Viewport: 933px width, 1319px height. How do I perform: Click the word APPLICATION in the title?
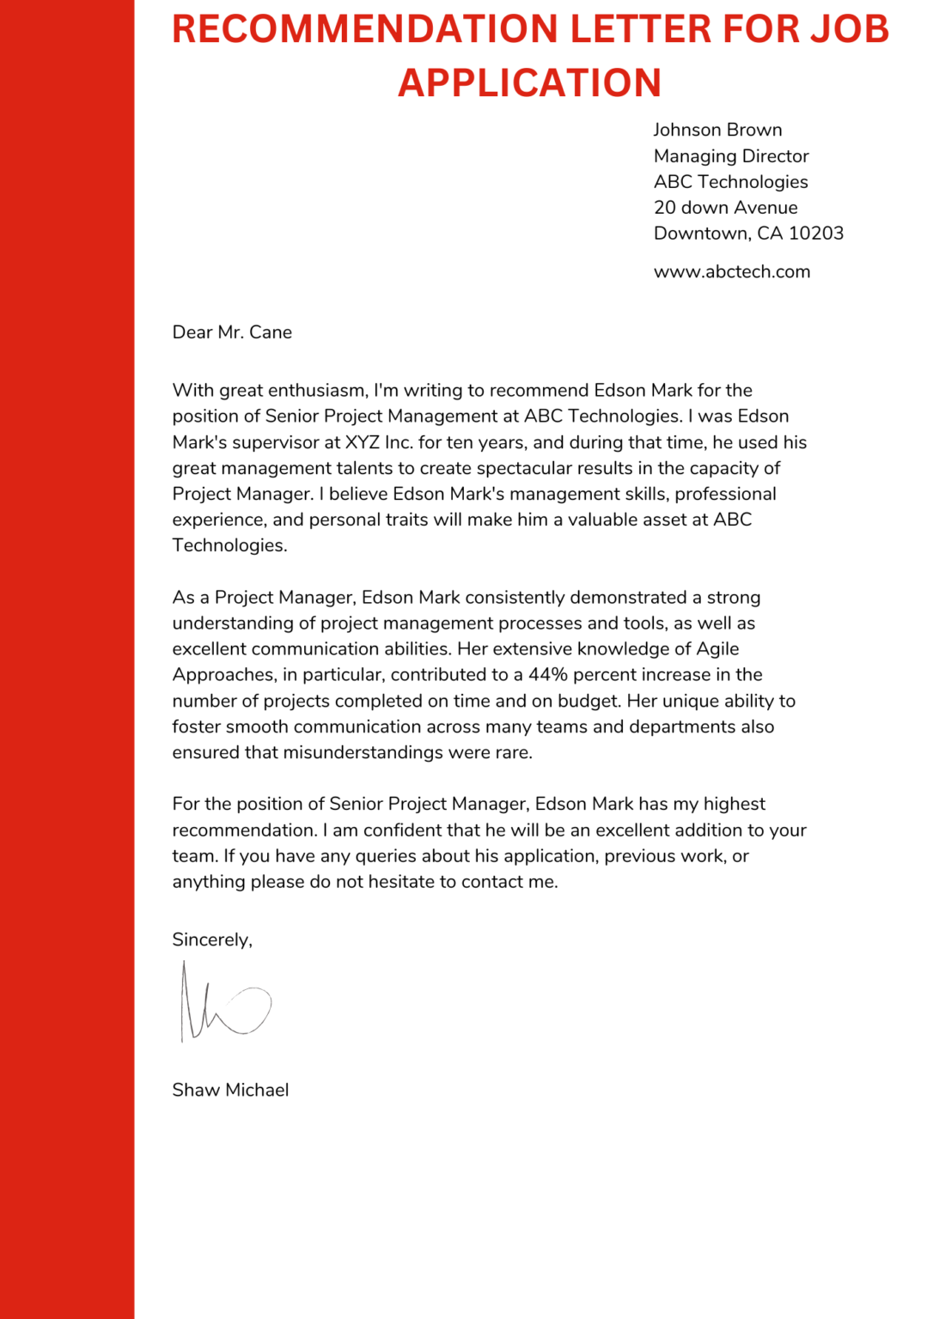(x=529, y=83)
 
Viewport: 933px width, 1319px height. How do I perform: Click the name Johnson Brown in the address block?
(x=717, y=130)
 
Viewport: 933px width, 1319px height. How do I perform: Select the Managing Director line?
(x=731, y=156)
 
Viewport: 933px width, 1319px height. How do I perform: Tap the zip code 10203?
(x=816, y=234)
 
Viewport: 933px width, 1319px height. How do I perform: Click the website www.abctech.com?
(x=732, y=272)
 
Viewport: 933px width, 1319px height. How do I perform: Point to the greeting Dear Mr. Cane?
(x=232, y=332)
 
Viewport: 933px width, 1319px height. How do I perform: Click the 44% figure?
(x=548, y=675)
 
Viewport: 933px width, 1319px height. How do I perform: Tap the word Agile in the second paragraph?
(x=717, y=649)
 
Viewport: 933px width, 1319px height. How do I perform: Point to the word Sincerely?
(x=212, y=940)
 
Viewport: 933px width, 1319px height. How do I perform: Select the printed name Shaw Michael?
(x=230, y=1091)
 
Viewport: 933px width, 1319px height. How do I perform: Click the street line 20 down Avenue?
(x=725, y=208)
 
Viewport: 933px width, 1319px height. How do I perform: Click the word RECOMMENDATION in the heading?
(x=365, y=29)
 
